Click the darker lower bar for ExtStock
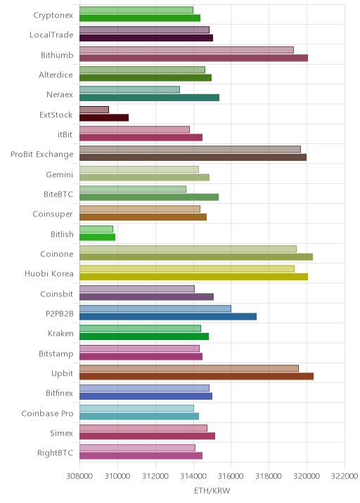(104, 118)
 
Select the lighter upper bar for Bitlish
(96, 229)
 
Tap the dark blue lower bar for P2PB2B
(168, 317)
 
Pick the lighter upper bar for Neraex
(130, 89)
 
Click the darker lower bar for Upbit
(197, 377)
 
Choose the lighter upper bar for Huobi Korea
(187, 269)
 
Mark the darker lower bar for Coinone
(196, 256)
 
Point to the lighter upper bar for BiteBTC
(133, 189)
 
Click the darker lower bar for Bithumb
(193, 58)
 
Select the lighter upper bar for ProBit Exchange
(190, 149)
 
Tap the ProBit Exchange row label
(42, 155)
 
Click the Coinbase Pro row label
(48, 414)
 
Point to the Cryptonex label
(53, 15)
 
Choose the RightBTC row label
(56, 453)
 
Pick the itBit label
(65, 134)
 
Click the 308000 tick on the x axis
(79, 476)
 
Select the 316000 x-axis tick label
(231, 476)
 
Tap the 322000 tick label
(345, 476)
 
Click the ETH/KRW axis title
(212, 490)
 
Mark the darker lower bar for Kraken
(144, 337)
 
